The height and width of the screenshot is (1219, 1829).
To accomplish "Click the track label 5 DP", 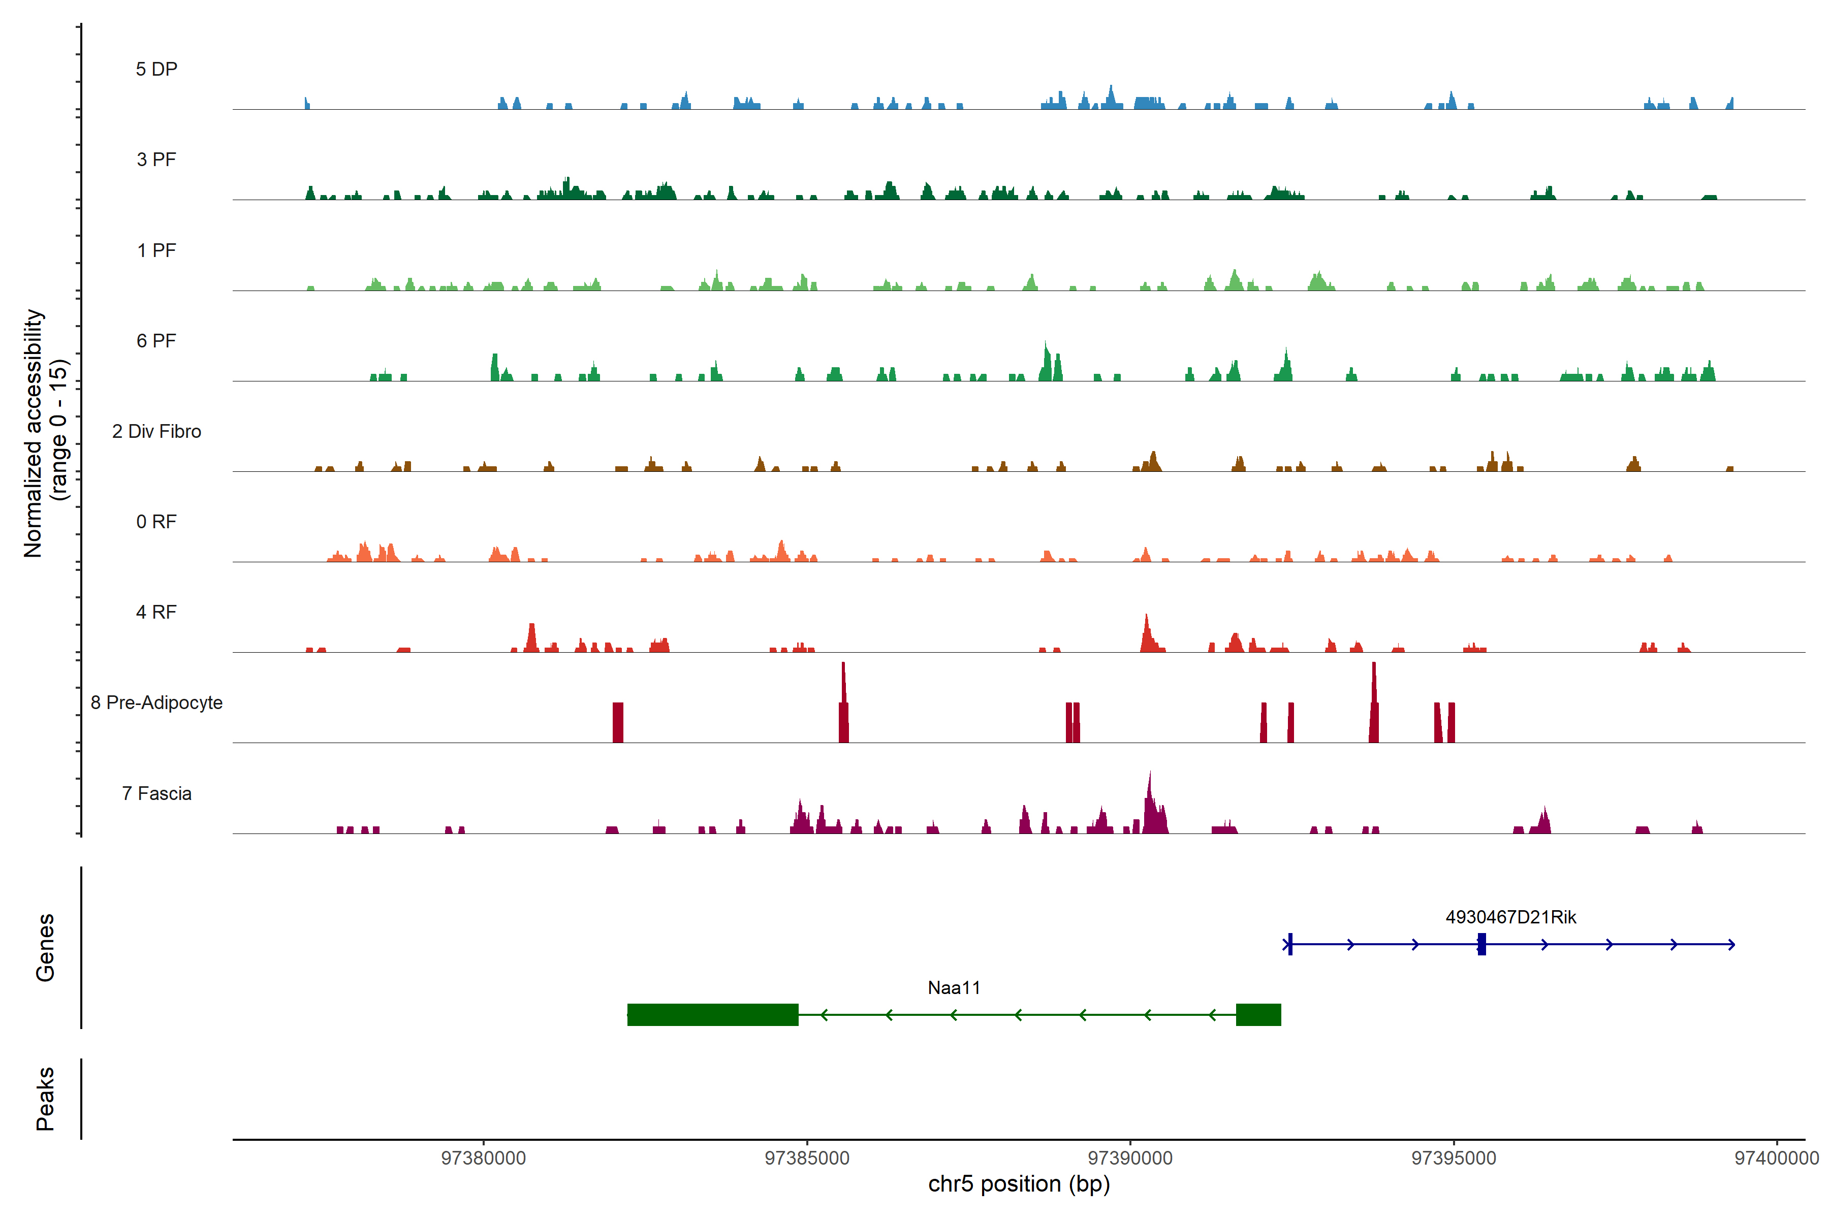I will point(156,69).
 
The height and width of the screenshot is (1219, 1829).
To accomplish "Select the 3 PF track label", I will point(156,159).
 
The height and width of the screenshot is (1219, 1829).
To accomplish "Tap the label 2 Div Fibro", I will point(156,431).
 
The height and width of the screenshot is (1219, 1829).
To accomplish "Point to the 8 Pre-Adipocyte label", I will point(156,703).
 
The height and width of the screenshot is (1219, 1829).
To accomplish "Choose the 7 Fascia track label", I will point(156,794).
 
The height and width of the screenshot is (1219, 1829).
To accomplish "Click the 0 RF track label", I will point(156,522).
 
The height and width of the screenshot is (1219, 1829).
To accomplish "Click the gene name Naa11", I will point(954,988).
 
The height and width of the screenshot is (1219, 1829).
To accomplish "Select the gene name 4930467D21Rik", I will point(1510,917).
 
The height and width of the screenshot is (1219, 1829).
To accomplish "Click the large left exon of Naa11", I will point(712,1014).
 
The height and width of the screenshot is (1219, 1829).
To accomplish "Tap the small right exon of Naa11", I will point(1258,1014).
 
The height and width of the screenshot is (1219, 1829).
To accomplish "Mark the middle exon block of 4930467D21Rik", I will point(1481,944).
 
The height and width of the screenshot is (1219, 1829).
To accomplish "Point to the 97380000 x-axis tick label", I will point(483,1159).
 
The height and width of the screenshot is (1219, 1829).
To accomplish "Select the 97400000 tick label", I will point(1776,1159).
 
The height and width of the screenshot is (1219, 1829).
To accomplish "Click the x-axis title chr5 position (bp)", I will point(1019,1184).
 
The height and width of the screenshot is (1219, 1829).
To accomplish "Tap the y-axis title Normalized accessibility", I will point(33,433).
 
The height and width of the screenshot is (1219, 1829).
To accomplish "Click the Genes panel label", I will point(45,948).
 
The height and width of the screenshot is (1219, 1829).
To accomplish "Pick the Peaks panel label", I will point(45,1099).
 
